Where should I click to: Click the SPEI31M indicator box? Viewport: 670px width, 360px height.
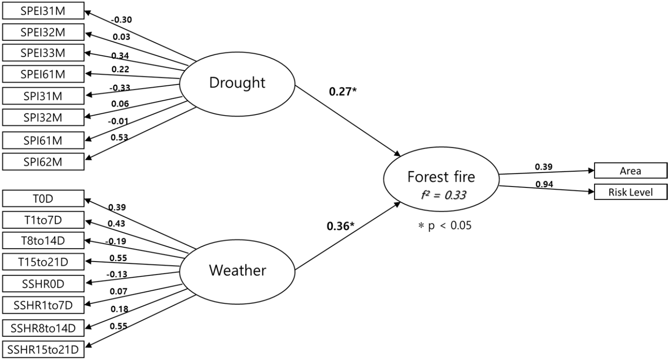[x=44, y=11]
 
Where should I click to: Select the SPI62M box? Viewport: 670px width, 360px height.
[x=44, y=162]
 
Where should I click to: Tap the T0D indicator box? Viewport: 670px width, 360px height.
[x=44, y=198]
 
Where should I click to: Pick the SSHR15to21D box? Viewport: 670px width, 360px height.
[x=44, y=349]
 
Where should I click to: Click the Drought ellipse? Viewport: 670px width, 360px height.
[x=237, y=84]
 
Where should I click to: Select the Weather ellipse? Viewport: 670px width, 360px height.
[x=237, y=272]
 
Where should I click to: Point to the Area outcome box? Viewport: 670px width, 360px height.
[x=630, y=171]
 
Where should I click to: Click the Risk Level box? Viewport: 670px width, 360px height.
[x=630, y=192]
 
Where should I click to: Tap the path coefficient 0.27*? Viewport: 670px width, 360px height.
[x=343, y=92]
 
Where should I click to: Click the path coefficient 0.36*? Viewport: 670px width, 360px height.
[x=341, y=226]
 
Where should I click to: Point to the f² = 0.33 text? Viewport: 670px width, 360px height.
[x=443, y=195]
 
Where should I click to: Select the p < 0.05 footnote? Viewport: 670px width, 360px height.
[x=445, y=225]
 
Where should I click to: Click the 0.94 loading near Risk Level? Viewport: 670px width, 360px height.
[x=544, y=184]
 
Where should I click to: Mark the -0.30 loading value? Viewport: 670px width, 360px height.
[x=121, y=20]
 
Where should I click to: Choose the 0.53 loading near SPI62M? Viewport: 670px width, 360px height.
[x=120, y=138]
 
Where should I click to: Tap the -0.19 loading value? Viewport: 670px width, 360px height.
[x=115, y=241]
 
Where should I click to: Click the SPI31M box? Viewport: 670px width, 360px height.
[x=44, y=96]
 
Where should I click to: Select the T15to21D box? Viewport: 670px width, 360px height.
[x=44, y=262]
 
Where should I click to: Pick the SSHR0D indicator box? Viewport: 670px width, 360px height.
[x=44, y=284]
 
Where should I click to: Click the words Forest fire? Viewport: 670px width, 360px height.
[x=441, y=177]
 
